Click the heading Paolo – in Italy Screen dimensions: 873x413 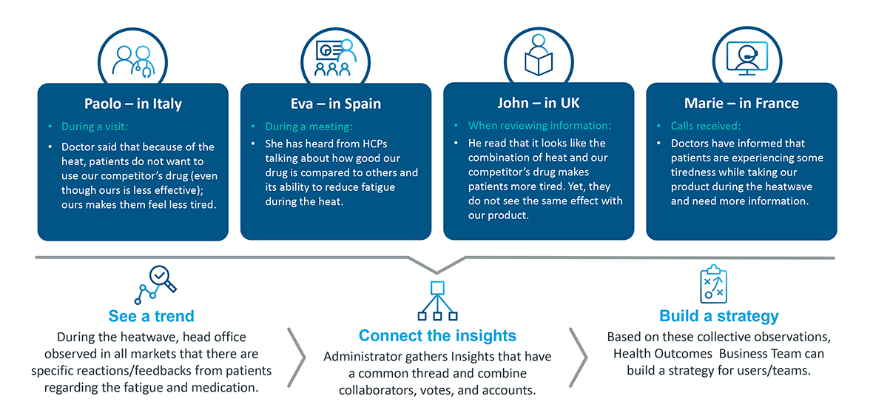132,104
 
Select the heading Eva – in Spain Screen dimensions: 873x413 335,104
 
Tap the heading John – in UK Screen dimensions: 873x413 539,104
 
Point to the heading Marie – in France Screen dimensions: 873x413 741,104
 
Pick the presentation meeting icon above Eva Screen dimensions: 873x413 336,58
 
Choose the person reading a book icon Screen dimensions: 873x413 539,55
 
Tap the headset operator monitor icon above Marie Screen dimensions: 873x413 741,59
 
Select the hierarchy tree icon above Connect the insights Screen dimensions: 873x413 437,301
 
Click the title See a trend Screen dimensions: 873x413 152,317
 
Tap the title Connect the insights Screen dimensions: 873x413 437,335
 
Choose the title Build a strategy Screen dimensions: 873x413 718,317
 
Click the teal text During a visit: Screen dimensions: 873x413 95,127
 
